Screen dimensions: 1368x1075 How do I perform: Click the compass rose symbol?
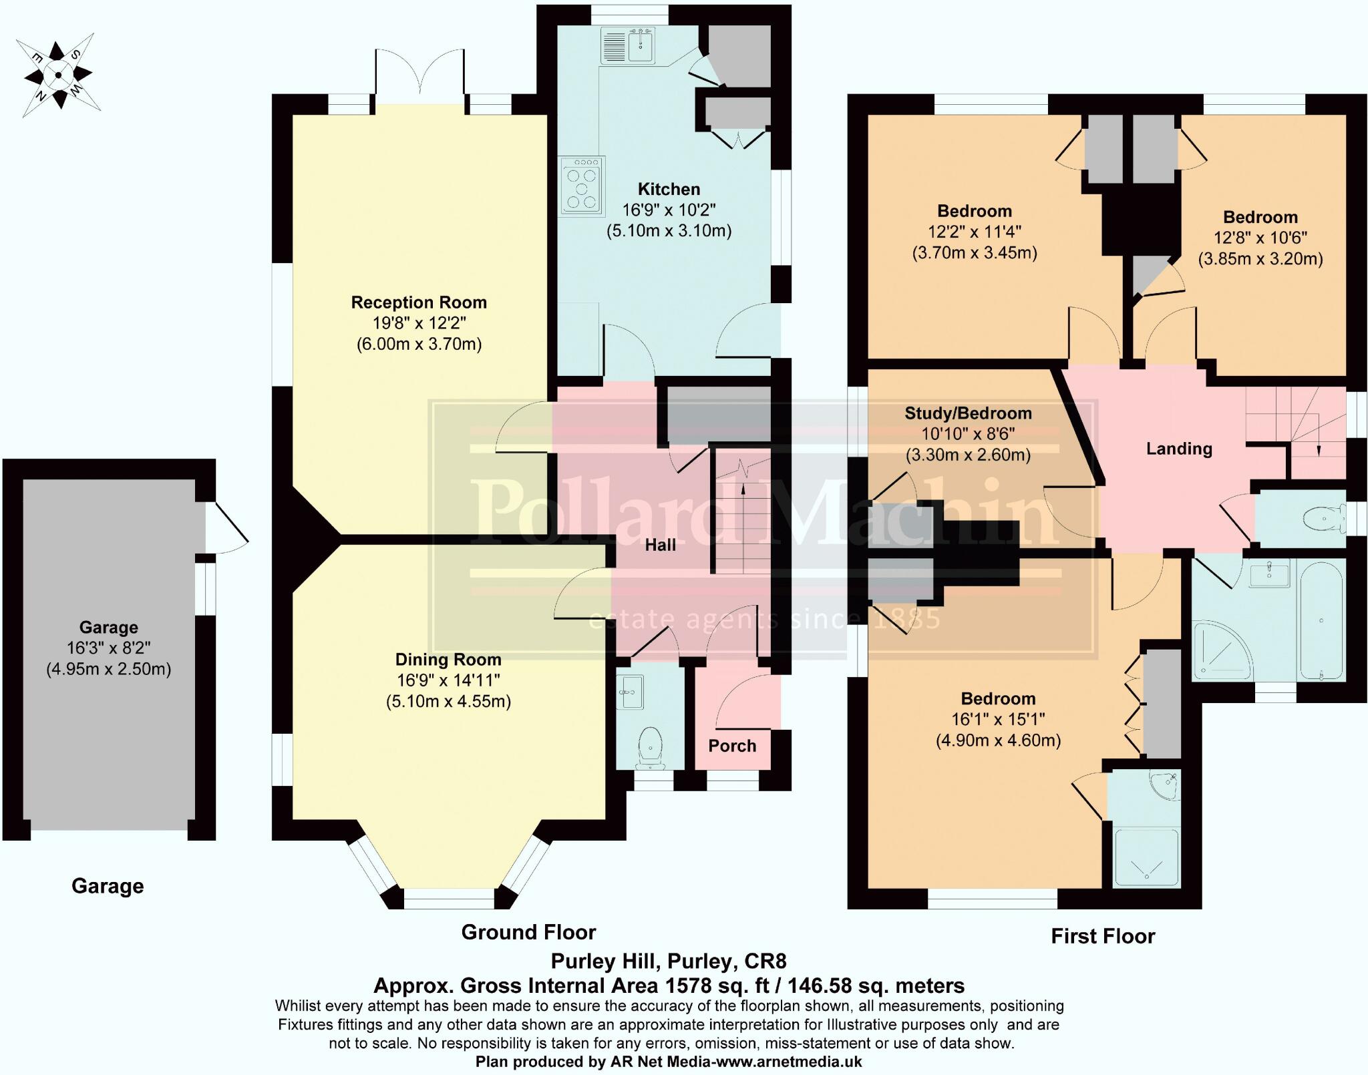pos(59,74)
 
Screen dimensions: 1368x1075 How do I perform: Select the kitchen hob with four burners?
pos(582,186)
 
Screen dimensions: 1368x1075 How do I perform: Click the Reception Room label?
pos(419,302)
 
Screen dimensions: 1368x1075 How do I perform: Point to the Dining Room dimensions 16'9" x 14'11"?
pos(448,680)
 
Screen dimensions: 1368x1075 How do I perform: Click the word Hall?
pos(660,546)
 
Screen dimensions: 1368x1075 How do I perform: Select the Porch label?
pos(732,746)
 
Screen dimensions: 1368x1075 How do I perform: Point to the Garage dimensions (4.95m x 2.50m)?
pos(109,669)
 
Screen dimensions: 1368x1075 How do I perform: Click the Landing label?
pos(1179,449)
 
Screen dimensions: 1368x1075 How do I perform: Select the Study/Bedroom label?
pos(968,413)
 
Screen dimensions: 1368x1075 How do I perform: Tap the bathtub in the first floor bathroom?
pos(1321,622)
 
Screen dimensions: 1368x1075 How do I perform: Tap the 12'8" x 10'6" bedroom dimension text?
pos(1260,238)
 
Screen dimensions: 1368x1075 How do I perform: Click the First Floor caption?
pos(1103,936)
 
